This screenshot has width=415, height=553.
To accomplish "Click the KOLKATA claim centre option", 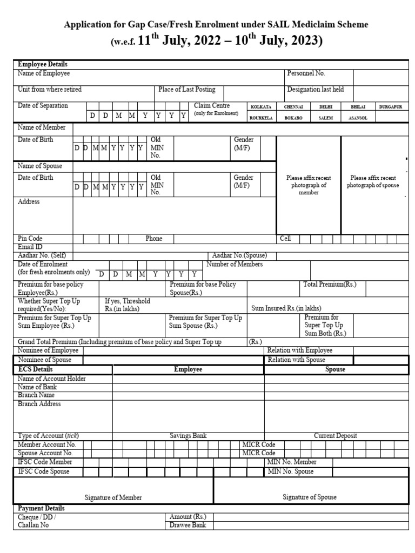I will click(x=260, y=107).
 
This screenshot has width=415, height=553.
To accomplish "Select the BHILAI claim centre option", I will click(x=358, y=107).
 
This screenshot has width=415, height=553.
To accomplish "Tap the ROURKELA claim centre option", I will click(x=261, y=118).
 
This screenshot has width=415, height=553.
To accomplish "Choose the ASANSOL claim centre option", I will click(x=358, y=118).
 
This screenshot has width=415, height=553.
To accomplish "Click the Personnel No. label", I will click(x=306, y=73).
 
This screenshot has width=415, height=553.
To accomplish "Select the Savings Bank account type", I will click(x=188, y=436).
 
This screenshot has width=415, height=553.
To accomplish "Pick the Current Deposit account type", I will click(x=335, y=436).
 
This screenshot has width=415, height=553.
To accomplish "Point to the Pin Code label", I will click(x=30, y=239).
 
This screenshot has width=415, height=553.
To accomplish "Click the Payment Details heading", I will click(x=41, y=509).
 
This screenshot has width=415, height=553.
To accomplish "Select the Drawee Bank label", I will click(x=188, y=525).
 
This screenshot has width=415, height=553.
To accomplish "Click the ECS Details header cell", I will click(x=36, y=370).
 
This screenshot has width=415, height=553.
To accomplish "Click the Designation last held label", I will click(x=315, y=90).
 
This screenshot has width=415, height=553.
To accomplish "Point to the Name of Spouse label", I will click(x=40, y=166).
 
